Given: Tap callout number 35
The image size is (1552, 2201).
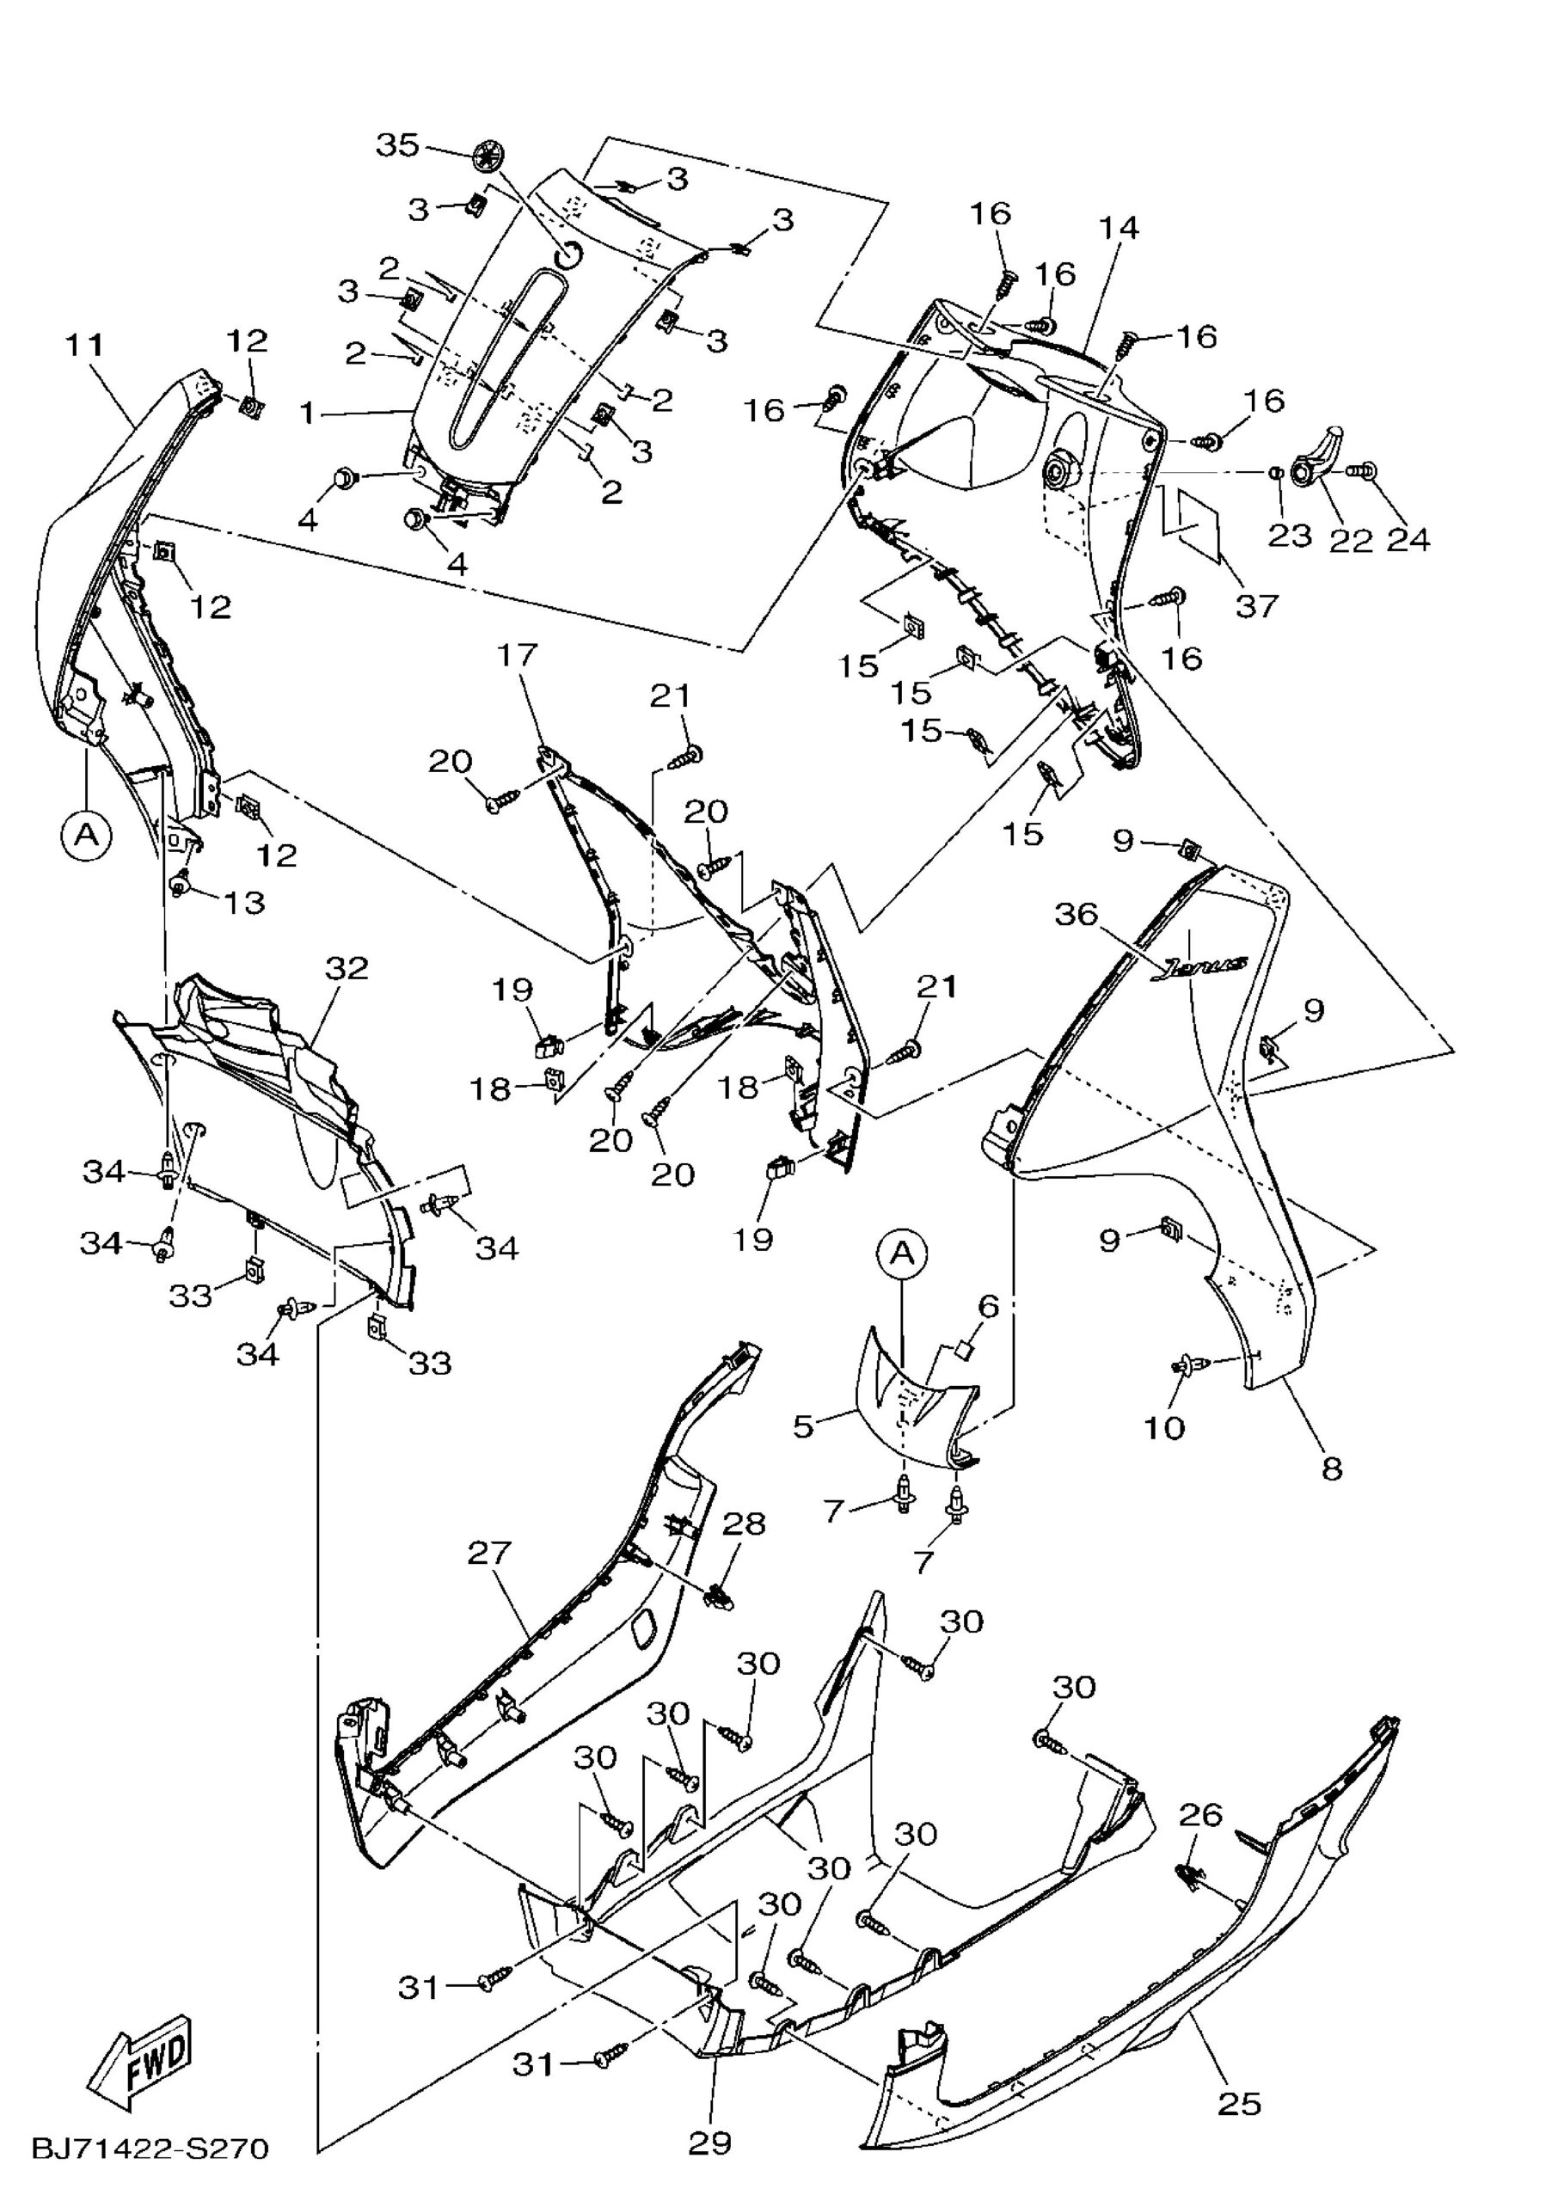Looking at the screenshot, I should pyautogui.click(x=397, y=145).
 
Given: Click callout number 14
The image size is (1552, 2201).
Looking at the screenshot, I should pyautogui.click(x=1119, y=228).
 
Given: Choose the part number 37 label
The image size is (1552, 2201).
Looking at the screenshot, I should pyautogui.click(x=1257, y=605).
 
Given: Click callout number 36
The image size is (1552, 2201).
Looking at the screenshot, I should pyautogui.click(x=1076, y=915).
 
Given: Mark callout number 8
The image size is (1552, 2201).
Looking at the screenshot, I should pyautogui.click(x=1332, y=1468).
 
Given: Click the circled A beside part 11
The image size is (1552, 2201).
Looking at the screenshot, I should pyautogui.click(x=86, y=835).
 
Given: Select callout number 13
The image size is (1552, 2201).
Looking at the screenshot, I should pyautogui.click(x=243, y=902).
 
